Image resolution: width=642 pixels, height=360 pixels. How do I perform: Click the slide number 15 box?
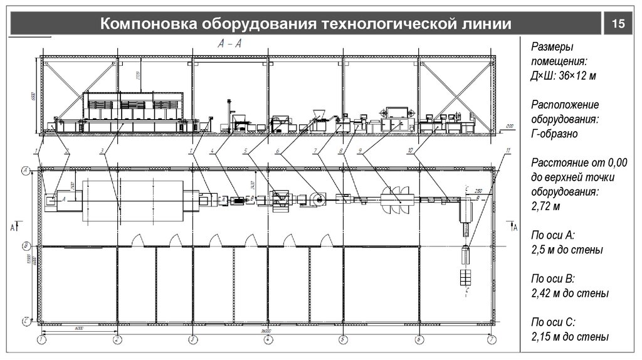tap(618, 24)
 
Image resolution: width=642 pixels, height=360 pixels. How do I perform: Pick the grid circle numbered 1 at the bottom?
tap(41, 340)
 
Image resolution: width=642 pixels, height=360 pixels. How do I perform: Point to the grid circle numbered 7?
tap(492, 340)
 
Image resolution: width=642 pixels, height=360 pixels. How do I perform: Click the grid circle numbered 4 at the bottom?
tap(267, 340)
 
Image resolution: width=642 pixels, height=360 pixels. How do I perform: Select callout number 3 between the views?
tap(101, 151)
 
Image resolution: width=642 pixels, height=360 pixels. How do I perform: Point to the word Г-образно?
tap(555, 134)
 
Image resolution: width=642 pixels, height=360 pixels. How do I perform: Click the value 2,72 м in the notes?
tap(545, 206)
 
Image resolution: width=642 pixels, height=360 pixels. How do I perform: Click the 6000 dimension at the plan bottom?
tap(79, 328)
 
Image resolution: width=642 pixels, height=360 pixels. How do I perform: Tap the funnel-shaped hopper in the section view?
tap(317, 114)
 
